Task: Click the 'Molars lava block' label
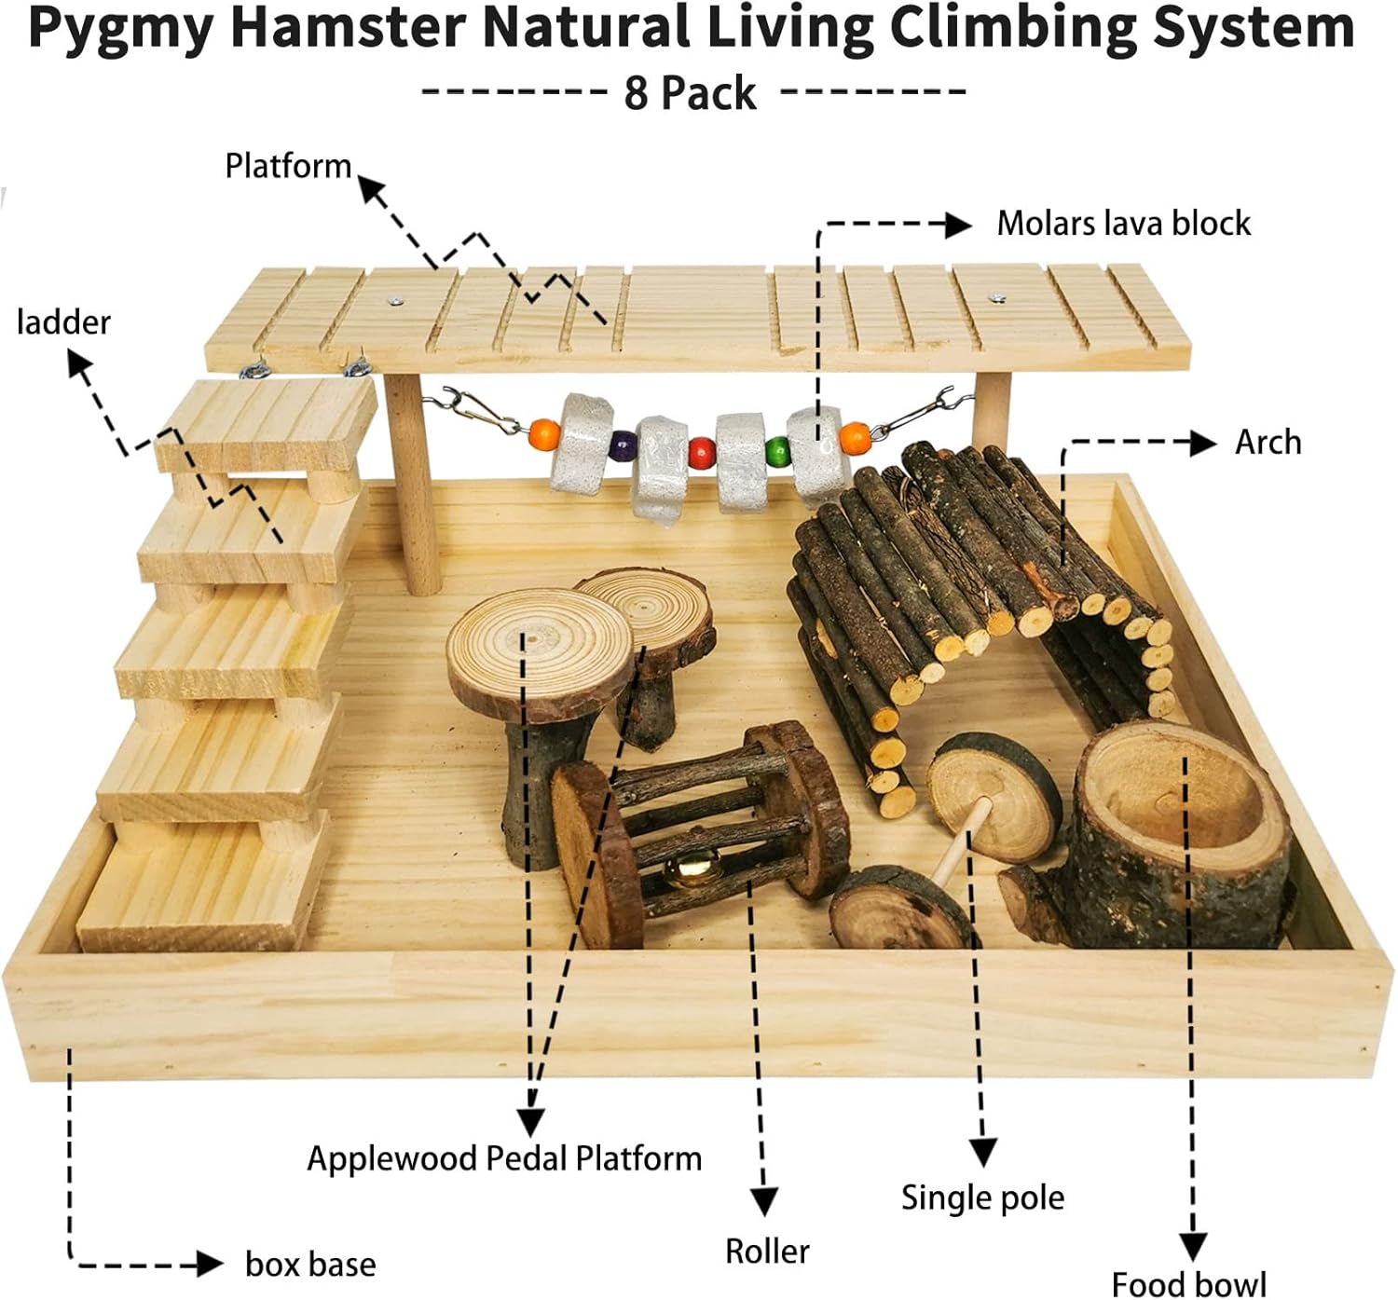[x=1123, y=224]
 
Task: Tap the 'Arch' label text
[x=1268, y=442]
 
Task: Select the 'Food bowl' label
[x=1188, y=1283]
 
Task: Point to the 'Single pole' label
[x=982, y=1197]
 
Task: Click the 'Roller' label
[x=767, y=1251]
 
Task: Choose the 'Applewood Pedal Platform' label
[x=504, y=1158]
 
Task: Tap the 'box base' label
[x=310, y=1265]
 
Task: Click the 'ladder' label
[x=63, y=322]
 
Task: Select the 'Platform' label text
[x=288, y=166]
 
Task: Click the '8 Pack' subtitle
[x=691, y=93]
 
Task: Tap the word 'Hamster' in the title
[x=348, y=28]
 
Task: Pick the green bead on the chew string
[x=776, y=454]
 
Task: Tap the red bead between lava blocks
[x=701, y=455]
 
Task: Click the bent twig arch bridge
[x=969, y=578]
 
